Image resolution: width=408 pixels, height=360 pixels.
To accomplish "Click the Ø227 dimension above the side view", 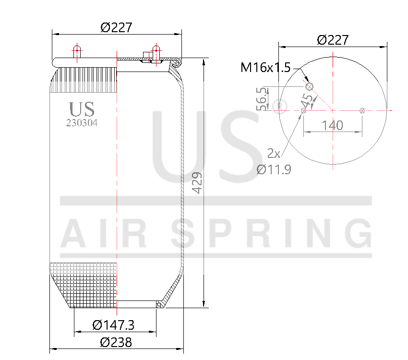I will tap(116, 28).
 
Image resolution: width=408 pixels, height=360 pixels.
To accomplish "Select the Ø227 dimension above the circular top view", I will tap(333, 40).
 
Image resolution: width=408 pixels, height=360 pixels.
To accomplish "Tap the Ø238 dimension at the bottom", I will tap(116, 342).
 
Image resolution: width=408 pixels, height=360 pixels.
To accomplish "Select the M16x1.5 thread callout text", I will tap(265, 67).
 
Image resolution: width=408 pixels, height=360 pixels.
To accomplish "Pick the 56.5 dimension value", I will tap(262, 99).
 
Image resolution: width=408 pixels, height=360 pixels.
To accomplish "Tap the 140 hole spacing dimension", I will tap(332, 125).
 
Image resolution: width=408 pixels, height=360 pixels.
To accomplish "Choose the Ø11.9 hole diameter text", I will tap(274, 169).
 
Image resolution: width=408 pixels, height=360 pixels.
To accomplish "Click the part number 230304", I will tap(82, 122).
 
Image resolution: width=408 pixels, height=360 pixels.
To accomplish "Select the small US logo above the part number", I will tap(82, 109).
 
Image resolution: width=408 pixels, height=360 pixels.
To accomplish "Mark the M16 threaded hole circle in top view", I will tap(310, 86).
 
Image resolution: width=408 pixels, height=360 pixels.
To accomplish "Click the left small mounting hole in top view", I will tap(303, 111).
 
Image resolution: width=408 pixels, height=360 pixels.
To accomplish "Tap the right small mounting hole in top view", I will tap(362, 111).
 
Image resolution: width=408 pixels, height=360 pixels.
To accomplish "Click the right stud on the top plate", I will tap(156, 50).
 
